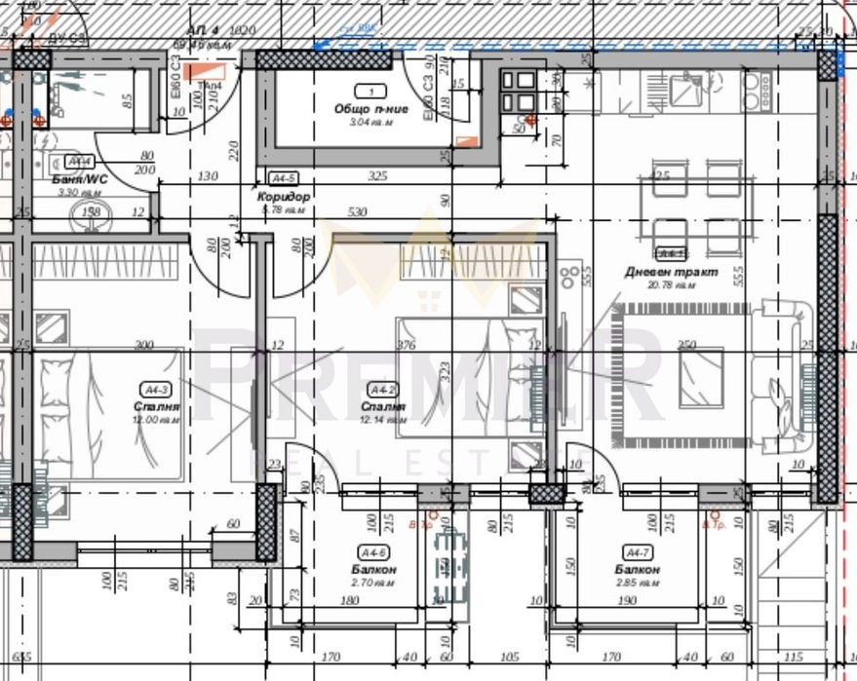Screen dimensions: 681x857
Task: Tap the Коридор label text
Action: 284,197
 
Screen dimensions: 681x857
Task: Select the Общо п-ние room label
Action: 364,108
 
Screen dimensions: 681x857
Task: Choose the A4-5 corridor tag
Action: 283,178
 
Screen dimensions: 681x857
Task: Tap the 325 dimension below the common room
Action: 378,176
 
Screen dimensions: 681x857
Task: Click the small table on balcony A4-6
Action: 449,565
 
